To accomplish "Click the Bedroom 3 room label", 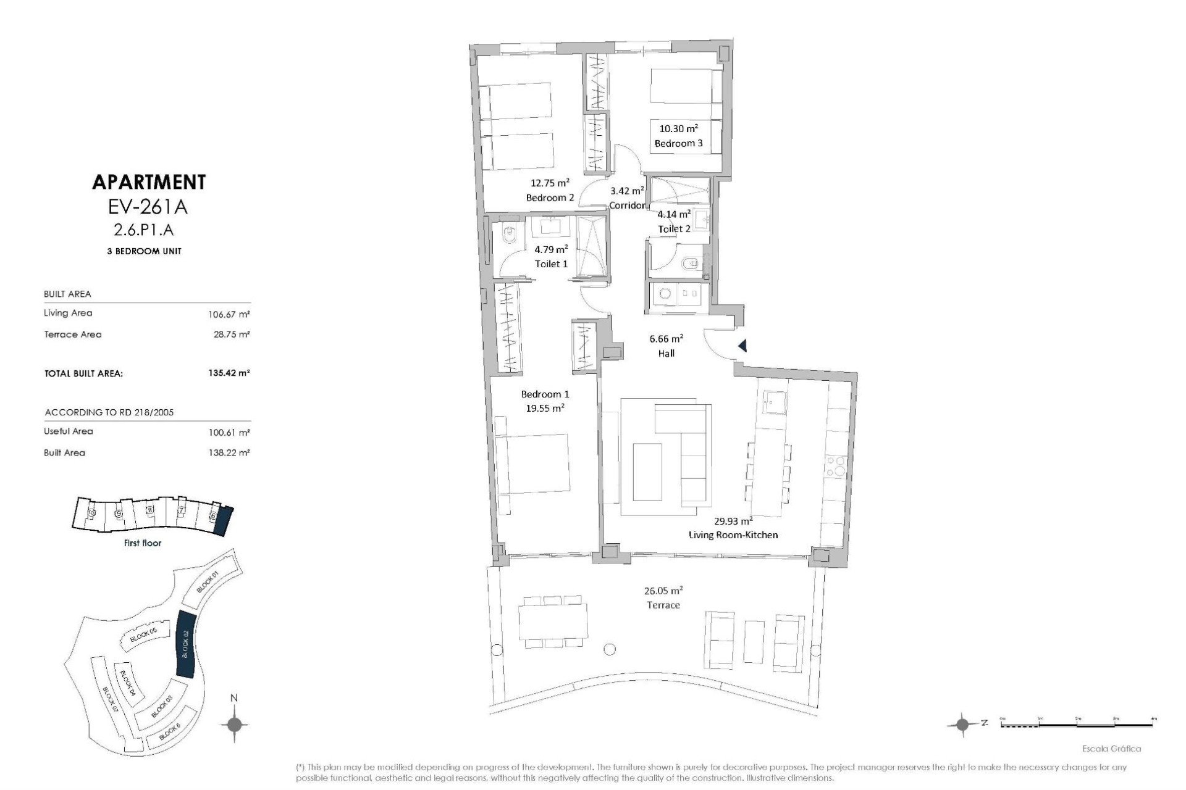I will click(x=678, y=143).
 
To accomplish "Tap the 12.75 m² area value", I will click(x=550, y=183).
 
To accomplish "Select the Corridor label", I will click(x=627, y=206).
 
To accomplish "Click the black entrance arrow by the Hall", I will click(x=742, y=346).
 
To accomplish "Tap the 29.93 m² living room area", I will click(x=733, y=520).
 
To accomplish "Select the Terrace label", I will click(x=663, y=605).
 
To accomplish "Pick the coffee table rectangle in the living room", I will click(x=647, y=472).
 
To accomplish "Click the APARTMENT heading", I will click(x=148, y=182).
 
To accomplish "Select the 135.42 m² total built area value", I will click(x=229, y=373).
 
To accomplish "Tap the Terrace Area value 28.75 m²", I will click(x=231, y=335).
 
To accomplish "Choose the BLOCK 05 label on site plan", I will click(x=144, y=635).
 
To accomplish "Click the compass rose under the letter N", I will click(x=234, y=725).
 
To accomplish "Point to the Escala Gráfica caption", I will click(x=1111, y=749).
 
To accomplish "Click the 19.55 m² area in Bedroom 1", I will click(x=545, y=408).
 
